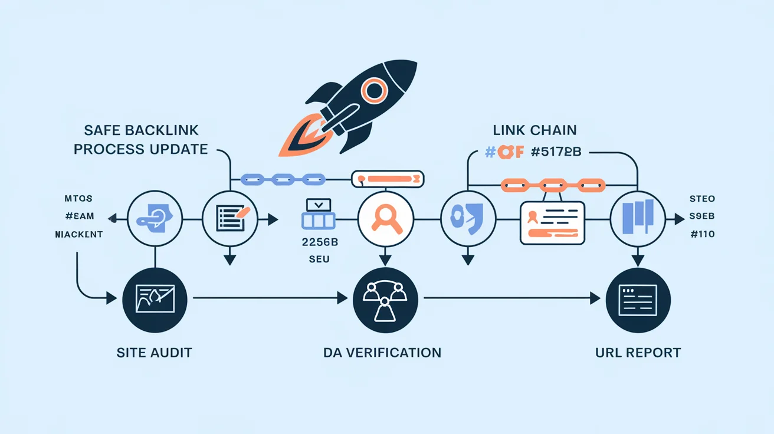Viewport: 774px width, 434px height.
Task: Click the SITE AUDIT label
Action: tap(155, 353)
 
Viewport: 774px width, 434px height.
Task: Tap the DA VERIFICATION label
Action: tap(382, 353)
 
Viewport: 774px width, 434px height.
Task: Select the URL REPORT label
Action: tap(638, 353)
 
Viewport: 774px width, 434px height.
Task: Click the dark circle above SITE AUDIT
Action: tap(155, 300)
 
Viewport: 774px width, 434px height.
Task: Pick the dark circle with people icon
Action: tap(384, 300)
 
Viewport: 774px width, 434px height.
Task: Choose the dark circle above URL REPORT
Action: tap(638, 300)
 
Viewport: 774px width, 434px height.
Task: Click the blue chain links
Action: tap(283, 177)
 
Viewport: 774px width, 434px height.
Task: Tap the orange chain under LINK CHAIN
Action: tap(552, 185)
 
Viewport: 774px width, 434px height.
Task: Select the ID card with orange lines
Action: tap(552, 223)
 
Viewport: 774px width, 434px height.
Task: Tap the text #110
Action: tap(702, 234)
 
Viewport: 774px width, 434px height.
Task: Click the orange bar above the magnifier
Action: tap(388, 177)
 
